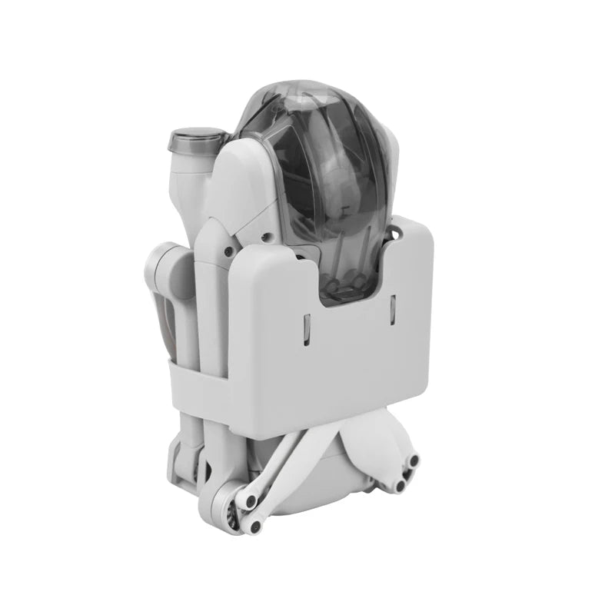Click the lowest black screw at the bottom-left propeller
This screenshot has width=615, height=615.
[254, 527]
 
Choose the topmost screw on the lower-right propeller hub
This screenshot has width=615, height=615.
[414, 460]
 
